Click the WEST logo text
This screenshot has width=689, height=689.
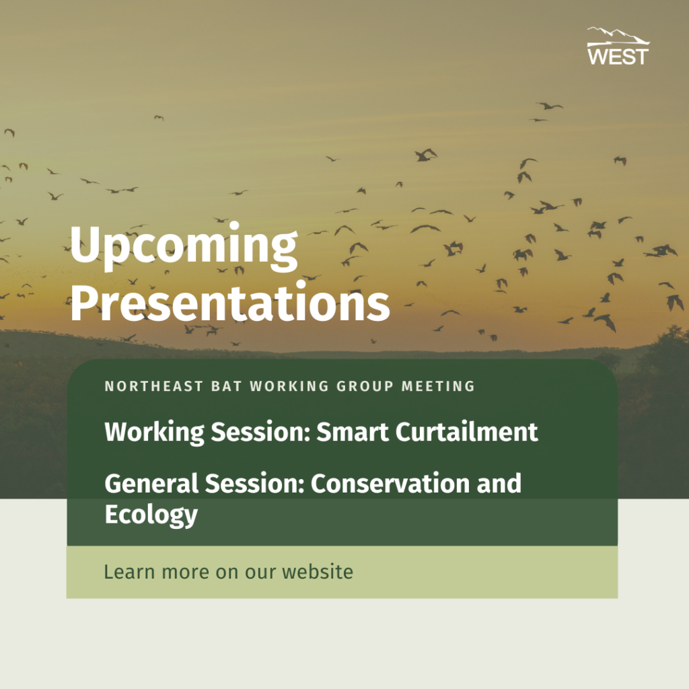click(x=618, y=57)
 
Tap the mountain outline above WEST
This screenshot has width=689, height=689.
click(x=618, y=34)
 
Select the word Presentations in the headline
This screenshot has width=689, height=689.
click(x=230, y=303)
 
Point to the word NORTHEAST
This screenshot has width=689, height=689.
click(x=154, y=386)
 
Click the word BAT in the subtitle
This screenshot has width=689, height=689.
click(x=227, y=386)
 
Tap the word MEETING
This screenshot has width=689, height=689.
click(x=438, y=386)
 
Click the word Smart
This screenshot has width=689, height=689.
click(x=353, y=431)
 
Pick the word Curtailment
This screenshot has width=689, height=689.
click(x=467, y=431)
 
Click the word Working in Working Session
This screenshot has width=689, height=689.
click(x=155, y=433)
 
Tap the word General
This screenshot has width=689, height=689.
click(x=151, y=483)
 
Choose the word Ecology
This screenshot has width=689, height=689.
click(x=151, y=515)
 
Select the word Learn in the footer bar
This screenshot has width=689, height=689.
click(x=129, y=572)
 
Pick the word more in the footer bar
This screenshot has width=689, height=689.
click(x=185, y=573)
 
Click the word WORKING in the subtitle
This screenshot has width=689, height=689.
click(x=289, y=386)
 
